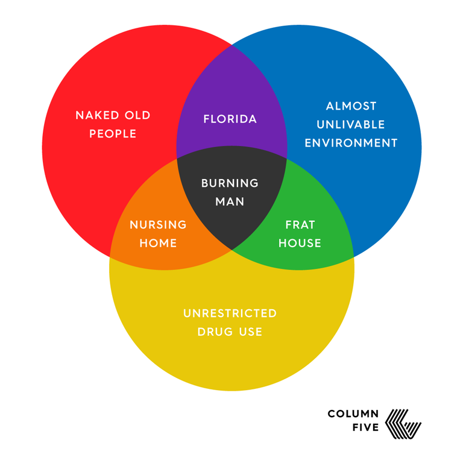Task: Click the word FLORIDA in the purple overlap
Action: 230,119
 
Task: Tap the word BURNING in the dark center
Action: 230,183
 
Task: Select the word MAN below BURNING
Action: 230,202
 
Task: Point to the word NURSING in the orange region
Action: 158,225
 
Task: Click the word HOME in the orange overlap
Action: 158,244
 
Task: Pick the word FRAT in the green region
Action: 300,225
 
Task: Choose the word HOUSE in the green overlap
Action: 300,244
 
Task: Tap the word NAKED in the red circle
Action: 97,115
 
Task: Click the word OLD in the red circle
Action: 137,115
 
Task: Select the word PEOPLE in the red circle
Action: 113,134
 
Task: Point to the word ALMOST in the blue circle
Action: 351,106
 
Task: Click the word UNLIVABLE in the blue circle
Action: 351,125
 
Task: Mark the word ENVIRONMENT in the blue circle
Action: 351,143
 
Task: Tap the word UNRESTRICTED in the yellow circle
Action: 230,313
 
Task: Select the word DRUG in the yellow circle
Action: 215,332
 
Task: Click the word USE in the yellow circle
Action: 251,332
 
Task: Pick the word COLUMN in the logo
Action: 353,414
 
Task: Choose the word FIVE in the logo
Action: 365,427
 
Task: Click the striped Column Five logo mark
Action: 403,424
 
